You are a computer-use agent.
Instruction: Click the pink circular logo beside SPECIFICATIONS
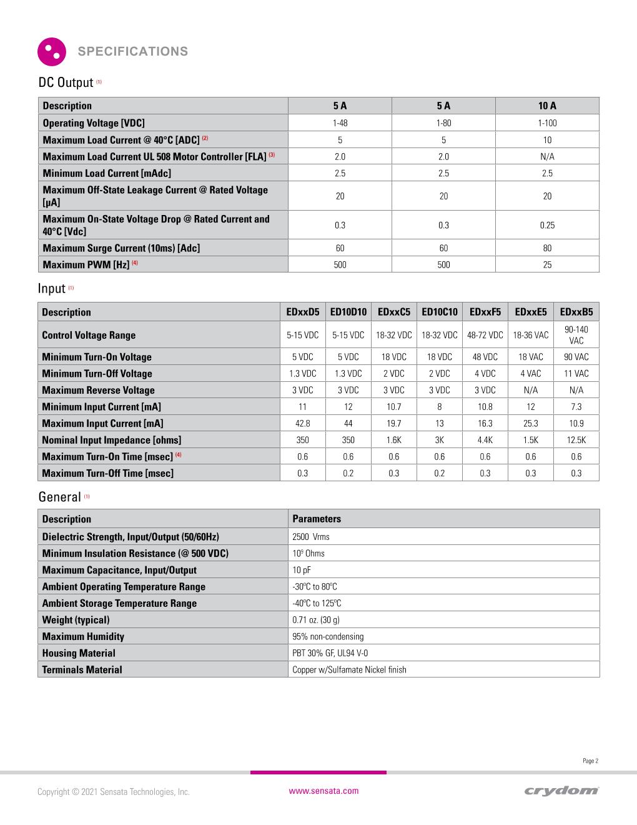[x=52, y=52]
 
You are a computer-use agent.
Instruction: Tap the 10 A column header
[x=547, y=106]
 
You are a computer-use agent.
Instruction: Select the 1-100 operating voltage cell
[x=547, y=123]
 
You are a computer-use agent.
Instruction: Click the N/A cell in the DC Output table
[x=547, y=156]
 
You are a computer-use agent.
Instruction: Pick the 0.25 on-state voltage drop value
[x=547, y=225]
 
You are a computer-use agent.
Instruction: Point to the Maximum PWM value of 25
[x=547, y=264]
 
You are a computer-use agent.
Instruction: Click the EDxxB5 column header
[x=576, y=312]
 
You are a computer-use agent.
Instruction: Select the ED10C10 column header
[x=439, y=312]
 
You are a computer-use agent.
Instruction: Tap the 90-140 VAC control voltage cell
[x=576, y=335]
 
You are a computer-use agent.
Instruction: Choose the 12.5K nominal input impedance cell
[x=576, y=440]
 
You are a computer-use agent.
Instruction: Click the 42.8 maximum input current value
[x=302, y=423]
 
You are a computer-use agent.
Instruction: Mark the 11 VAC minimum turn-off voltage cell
[x=576, y=374]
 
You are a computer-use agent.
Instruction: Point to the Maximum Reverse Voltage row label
[x=98, y=390]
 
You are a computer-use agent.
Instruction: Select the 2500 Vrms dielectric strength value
[x=310, y=537]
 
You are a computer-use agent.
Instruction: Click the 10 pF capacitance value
[x=301, y=570]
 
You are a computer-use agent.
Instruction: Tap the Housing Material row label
[x=79, y=653]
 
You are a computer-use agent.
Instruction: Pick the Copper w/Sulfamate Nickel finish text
[x=349, y=670]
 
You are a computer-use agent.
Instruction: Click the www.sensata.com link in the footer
[x=323, y=791]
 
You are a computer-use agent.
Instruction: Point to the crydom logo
[x=561, y=791]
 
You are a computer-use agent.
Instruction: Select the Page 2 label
[x=590, y=761]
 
